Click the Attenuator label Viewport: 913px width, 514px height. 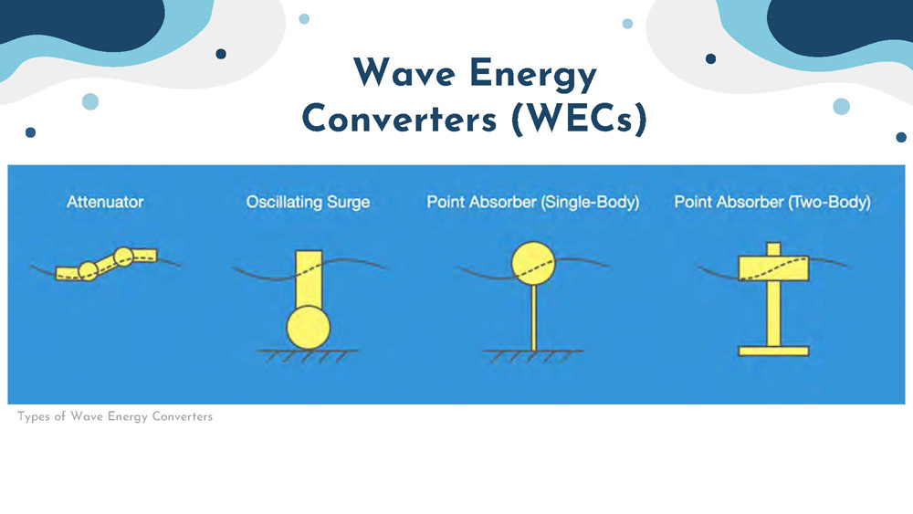(105, 202)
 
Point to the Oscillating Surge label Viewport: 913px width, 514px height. (308, 202)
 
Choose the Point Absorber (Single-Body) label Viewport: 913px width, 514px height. (532, 202)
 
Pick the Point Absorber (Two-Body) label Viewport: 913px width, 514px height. (772, 202)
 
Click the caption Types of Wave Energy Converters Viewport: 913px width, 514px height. (115, 417)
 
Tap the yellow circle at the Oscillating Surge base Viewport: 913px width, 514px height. (309, 328)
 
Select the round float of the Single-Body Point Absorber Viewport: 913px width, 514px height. (533, 263)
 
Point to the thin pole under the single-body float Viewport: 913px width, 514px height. (533, 316)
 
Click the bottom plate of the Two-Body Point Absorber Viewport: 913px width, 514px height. (773, 351)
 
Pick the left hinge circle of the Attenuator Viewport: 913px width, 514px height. (88, 270)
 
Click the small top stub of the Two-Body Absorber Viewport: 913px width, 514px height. (773, 248)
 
